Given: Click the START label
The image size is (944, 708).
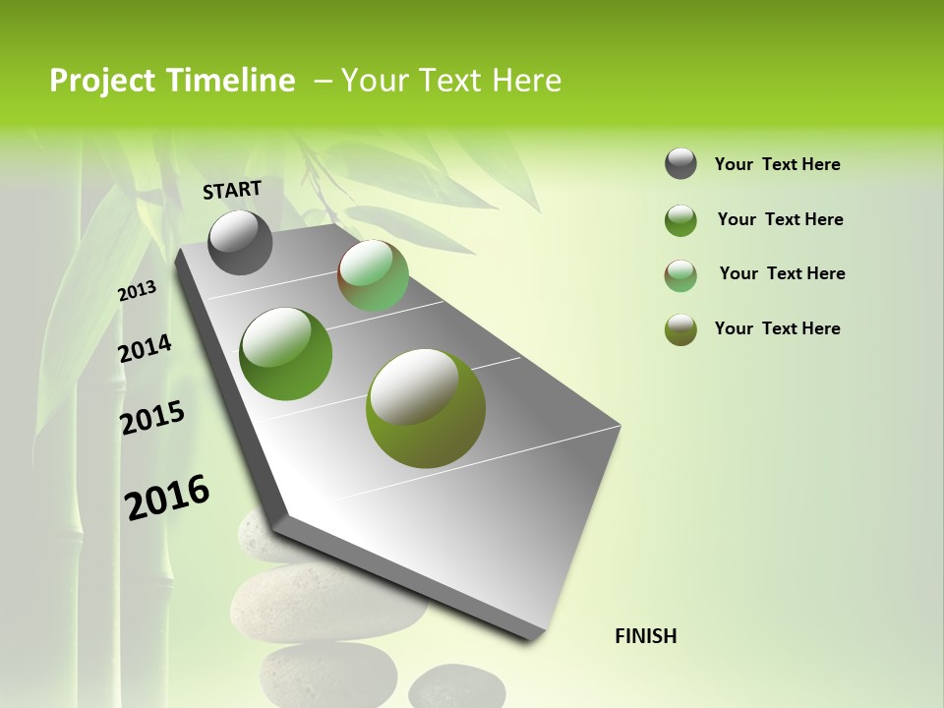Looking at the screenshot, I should pyautogui.click(x=232, y=189).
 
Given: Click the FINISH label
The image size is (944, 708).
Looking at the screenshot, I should pyautogui.click(x=645, y=636).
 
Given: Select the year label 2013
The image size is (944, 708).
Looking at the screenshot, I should pyautogui.click(x=137, y=291).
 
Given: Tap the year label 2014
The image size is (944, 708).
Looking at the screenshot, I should pyautogui.click(x=145, y=348).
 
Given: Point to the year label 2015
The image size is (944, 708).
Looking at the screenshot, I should pyautogui.click(x=151, y=418).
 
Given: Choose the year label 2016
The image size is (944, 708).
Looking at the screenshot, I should pyautogui.click(x=167, y=497).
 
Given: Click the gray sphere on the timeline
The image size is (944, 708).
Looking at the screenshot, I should pyautogui.click(x=240, y=242).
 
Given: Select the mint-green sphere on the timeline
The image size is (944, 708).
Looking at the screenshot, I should pyautogui.click(x=373, y=275).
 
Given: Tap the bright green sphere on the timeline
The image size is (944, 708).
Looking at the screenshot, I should pyautogui.click(x=285, y=353).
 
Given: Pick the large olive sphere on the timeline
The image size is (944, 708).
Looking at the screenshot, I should pyautogui.click(x=425, y=407).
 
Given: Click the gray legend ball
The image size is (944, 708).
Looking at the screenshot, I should pyautogui.click(x=680, y=164).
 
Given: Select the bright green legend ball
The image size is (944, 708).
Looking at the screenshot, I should pyautogui.click(x=680, y=220).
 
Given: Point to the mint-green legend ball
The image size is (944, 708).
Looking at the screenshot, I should pyautogui.click(x=680, y=275).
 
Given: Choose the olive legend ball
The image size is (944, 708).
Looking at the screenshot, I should pyautogui.click(x=680, y=329).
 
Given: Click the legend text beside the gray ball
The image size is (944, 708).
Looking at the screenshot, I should pyautogui.click(x=777, y=164).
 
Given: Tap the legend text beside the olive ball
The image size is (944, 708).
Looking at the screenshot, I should pyautogui.click(x=777, y=328).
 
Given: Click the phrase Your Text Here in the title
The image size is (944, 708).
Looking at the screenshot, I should pyautogui.click(x=450, y=81).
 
